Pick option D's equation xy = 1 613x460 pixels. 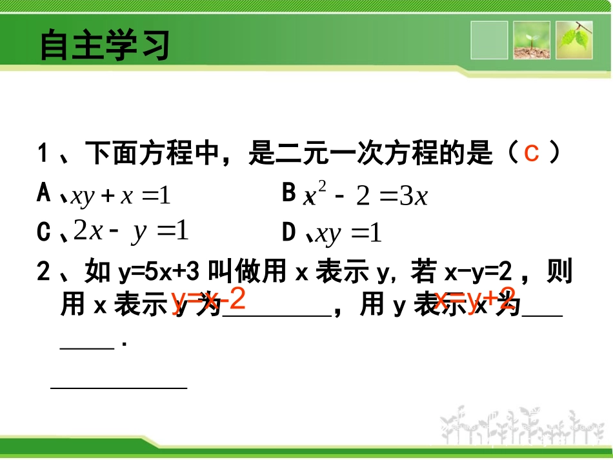349,234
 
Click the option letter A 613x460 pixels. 44,193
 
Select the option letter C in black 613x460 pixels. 44,233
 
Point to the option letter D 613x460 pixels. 289,233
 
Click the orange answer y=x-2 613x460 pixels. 208,301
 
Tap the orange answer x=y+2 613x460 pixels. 475,300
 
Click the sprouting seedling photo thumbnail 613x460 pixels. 532,40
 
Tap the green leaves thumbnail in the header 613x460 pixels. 574,40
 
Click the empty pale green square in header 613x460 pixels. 489,40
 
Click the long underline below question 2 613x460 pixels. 119,388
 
